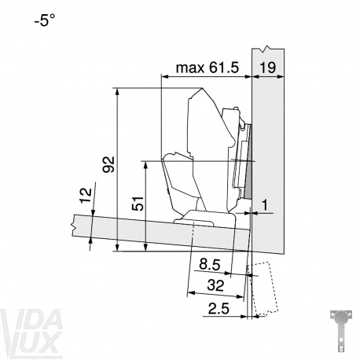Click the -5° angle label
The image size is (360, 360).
[x=45, y=20]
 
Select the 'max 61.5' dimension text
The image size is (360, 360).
[x=208, y=68]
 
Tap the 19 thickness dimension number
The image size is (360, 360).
[x=268, y=68]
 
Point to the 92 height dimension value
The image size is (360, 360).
[x=108, y=164]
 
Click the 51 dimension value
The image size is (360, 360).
[x=138, y=203]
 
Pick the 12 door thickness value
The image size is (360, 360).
[x=86, y=196]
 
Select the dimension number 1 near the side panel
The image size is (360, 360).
[x=265, y=205]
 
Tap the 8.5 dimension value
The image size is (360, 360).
[x=209, y=264]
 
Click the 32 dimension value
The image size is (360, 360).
[x=215, y=285]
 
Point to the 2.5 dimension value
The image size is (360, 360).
[x=219, y=308]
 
